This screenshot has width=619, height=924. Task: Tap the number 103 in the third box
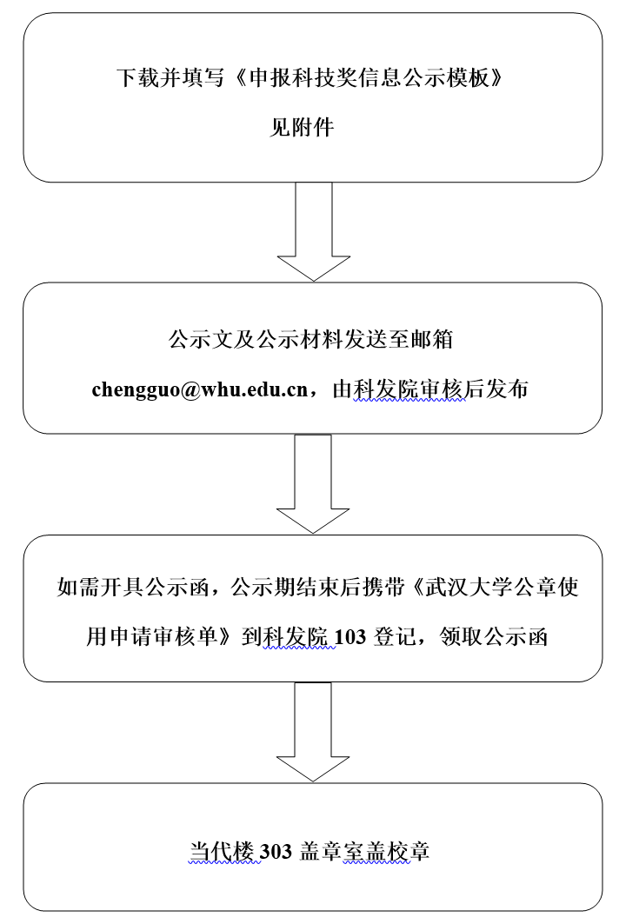click(350, 637)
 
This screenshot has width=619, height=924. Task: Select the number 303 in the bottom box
click(276, 852)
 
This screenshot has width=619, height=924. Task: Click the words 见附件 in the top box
click(302, 127)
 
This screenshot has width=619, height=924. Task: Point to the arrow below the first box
click(314, 231)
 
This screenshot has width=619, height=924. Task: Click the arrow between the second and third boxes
click(313, 484)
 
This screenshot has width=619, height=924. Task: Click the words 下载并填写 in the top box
click(170, 77)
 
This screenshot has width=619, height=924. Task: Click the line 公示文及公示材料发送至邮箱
click(310, 339)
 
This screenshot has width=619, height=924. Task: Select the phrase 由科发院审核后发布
click(430, 389)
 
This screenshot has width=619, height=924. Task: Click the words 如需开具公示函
click(133, 588)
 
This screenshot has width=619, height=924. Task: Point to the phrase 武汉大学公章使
click(503, 588)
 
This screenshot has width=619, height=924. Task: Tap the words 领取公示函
click(494, 637)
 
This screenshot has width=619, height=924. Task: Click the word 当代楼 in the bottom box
click(222, 852)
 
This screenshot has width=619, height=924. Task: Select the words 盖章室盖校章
click(364, 852)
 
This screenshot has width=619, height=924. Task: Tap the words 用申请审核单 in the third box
click(152, 637)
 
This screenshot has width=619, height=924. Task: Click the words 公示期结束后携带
click(317, 588)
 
